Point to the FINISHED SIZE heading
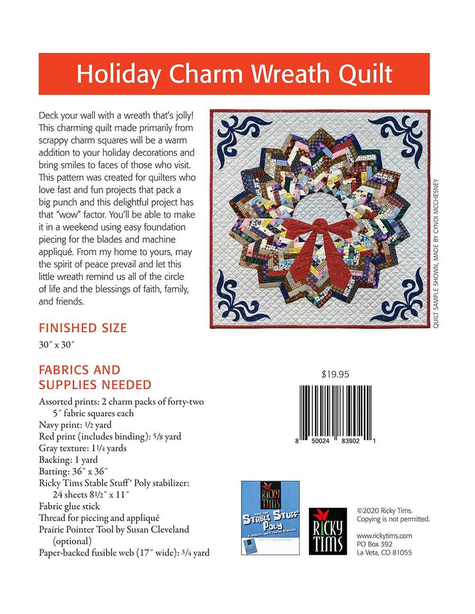83,328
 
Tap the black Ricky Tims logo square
327,530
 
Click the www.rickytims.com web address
384,535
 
